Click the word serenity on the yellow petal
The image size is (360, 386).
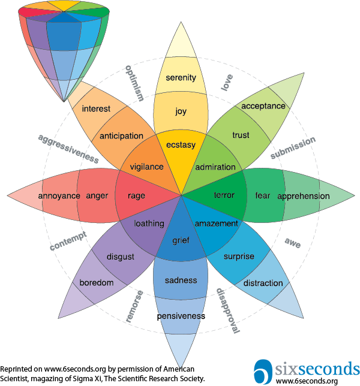coord(181,78)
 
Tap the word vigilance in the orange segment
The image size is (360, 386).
coord(146,167)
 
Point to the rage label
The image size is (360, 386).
coord(136,195)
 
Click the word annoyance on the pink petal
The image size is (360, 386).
coord(59,196)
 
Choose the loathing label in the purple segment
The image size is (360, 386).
coord(149,224)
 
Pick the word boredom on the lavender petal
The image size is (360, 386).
coord(97,282)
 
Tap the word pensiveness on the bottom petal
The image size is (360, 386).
coord(181,316)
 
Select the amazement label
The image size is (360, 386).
coord(217,224)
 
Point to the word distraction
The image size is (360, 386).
coord(263,283)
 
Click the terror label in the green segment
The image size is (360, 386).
coord(224,195)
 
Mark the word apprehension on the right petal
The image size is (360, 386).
coord(303,196)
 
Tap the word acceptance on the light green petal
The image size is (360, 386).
coord(263,106)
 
